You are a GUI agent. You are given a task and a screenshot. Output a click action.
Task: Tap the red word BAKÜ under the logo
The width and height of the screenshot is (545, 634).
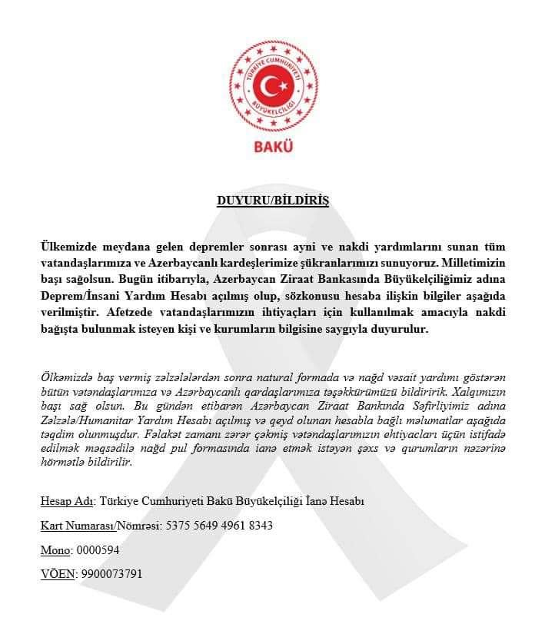pyautogui.click(x=272, y=146)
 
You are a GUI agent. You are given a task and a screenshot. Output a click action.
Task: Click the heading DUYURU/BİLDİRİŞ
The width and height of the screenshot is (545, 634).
pyautogui.click(x=272, y=201)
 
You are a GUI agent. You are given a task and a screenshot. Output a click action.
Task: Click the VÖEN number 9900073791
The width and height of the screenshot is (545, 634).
pyautogui.click(x=110, y=574)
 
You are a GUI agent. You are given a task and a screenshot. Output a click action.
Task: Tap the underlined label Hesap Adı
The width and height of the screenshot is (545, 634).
pyautogui.click(x=67, y=502)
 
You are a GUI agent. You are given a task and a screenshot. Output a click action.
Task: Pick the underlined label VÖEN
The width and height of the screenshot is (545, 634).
pyautogui.click(x=57, y=574)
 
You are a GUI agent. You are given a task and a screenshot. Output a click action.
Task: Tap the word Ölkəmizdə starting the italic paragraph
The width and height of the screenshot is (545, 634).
pyautogui.click(x=68, y=377)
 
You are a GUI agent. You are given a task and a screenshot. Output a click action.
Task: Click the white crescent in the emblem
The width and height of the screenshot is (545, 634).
pyautogui.click(x=268, y=84)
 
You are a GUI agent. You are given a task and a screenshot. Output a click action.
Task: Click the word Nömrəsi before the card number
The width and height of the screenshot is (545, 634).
pyautogui.click(x=137, y=526)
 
